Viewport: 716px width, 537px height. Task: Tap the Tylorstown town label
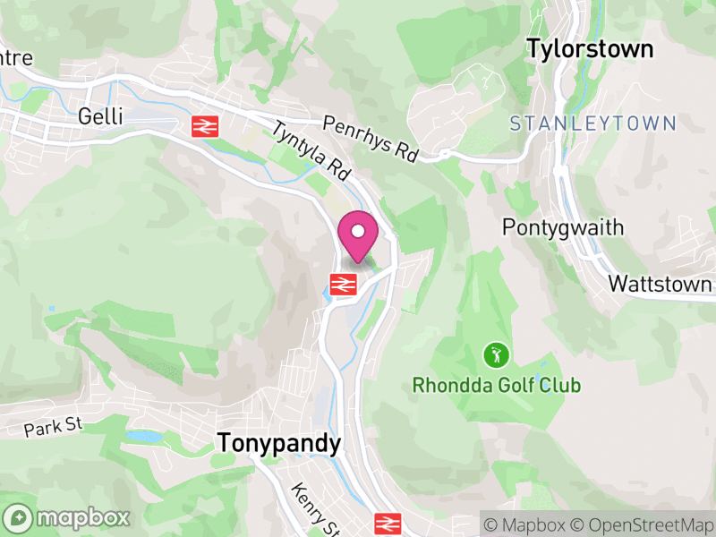point(590,48)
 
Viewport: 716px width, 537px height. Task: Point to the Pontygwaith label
point(563,226)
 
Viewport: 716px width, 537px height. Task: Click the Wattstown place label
point(660,284)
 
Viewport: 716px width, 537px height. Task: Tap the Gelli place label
point(100,116)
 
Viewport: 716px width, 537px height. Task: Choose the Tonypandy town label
point(279,444)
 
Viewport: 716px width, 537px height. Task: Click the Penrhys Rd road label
point(371,139)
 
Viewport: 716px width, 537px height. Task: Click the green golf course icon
point(493,355)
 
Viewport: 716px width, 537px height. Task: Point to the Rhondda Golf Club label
point(496,386)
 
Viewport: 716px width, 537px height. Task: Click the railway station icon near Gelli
point(205,126)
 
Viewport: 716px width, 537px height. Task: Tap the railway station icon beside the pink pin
point(342,285)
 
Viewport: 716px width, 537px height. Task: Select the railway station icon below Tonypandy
point(387,524)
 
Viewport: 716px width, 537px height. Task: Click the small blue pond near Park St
point(143,437)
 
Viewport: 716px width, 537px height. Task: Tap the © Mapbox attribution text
point(528,523)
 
